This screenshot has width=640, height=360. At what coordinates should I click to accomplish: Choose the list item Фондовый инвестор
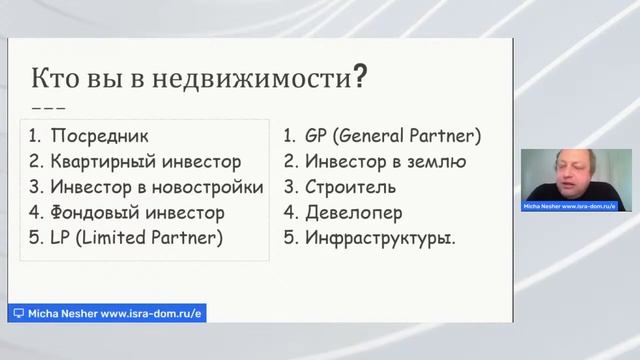(139, 212)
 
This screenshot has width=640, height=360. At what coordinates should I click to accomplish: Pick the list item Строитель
(350, 187)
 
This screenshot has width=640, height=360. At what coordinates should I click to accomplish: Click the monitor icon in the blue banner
(18, 313)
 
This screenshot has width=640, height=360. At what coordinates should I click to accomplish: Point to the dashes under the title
(49, 107)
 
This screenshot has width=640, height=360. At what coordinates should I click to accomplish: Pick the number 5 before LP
(34, 238)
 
